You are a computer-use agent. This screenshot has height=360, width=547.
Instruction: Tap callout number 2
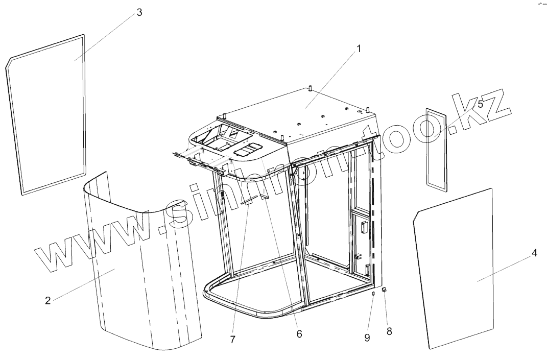coord(47,300)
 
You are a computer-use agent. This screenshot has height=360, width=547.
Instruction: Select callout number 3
coord(139,13)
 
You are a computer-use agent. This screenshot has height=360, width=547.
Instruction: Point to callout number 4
coord(534,253)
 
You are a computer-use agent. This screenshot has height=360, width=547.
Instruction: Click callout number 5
coord(480,104)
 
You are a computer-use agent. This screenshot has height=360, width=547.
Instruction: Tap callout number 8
coord(389,331)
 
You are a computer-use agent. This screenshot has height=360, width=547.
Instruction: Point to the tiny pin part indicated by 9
coord(373,294)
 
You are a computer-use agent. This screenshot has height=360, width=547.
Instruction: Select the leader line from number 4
coord(506,267)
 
